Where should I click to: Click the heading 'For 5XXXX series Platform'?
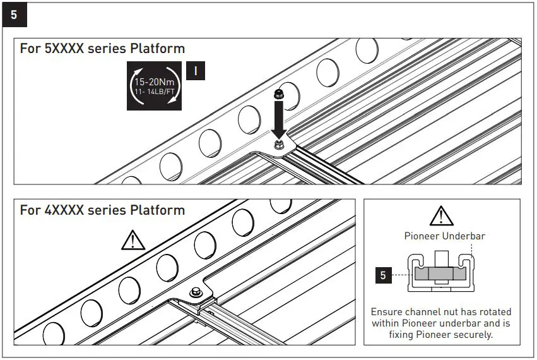pyautogui.click(x=102, y=49)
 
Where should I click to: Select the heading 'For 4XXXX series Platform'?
pyautogui.click(x=102, y=210)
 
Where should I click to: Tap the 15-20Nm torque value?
pyautogui.click(x=155, y=81)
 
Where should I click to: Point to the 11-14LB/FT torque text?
pyautogui.click(x=155, y=92)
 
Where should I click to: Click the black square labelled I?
pyautogui.click(x=196, y=71)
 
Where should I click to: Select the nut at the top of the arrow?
pyautogui.click(x=278, y=95)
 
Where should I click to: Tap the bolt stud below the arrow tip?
pyautogui.click(x=278, y=146)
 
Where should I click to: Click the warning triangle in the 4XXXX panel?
pyautogui.click(x=133, y=239)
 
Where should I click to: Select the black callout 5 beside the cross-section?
pyautogui.click(x=382, y=275)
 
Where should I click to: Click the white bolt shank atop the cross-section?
pyautogui.click(x=442, y=260)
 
